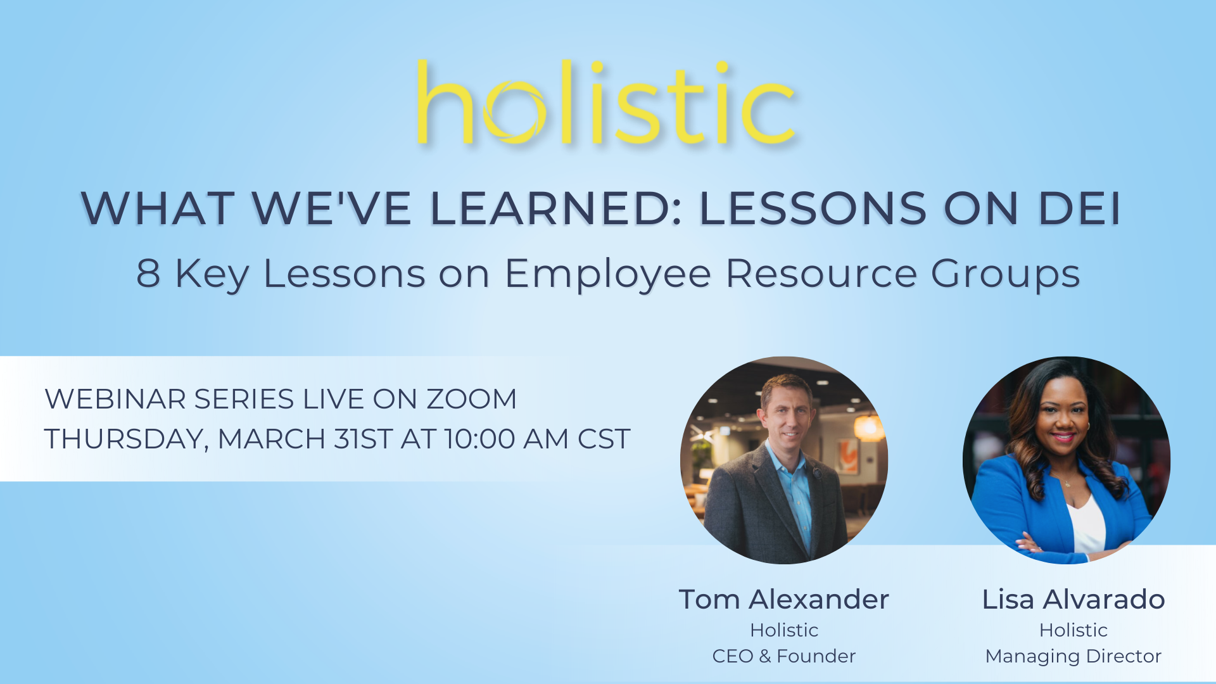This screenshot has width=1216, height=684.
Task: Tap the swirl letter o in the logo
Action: (x=514, y=114)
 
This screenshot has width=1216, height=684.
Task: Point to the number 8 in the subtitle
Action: (x=148, y=274)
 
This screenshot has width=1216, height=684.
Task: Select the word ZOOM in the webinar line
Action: (x=471, y=399)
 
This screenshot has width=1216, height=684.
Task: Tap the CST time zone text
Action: (x=603, y=439)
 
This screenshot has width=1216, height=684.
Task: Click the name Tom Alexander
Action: (x=783, y=599)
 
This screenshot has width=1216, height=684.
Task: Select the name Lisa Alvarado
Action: (x=1073, y=599)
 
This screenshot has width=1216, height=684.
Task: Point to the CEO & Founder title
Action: (x=783, y=656)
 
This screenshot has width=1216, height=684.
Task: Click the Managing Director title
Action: (x=1073, y=656)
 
